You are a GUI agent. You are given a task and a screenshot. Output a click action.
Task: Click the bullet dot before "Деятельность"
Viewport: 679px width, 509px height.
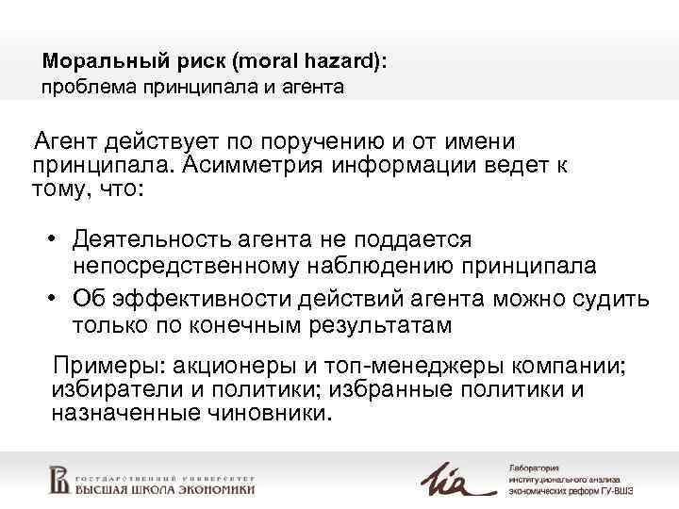click(56, 240)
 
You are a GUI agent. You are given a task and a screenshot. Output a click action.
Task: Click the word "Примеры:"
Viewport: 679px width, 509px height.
click(100, 366)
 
